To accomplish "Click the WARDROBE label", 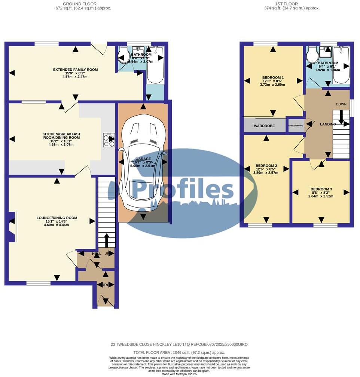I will [264, 126].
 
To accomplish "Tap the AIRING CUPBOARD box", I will [296, 125].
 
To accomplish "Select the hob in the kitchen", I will [109, 140].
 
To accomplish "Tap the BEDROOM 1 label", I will [273, 78].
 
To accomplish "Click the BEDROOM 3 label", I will [320, 189].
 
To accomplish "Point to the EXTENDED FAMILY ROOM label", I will [75, 70].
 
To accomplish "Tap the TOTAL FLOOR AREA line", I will [180, 353].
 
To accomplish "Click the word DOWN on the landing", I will [341, 104].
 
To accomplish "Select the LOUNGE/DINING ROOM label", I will [57, 218].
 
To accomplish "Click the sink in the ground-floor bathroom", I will [138, 50].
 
